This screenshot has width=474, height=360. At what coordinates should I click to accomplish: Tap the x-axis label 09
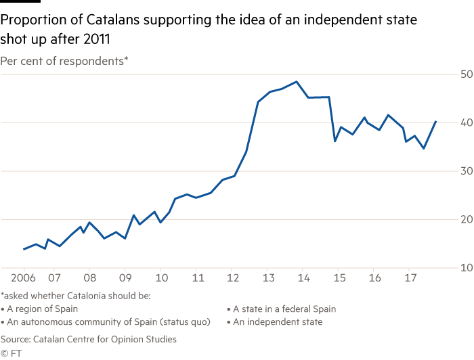(x=125, y=277)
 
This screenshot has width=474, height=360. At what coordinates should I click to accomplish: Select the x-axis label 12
(x=232, y=277)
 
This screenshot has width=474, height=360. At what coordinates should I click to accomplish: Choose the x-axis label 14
(x=303, y=277)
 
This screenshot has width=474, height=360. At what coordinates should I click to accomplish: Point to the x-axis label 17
(x=410, y=277)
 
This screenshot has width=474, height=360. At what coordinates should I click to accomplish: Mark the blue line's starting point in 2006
(x=24, y=249)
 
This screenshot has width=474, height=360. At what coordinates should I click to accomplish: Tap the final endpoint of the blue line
(x=436, y=121)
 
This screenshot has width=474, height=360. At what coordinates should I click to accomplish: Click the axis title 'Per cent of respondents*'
(x=64, y=62)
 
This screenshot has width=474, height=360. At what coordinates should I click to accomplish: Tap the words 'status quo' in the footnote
(x=185, y=322)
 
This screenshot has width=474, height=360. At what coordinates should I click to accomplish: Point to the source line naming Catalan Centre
(x=88, y=338)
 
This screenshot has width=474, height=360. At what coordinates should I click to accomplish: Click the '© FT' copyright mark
(x=12, y=353)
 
